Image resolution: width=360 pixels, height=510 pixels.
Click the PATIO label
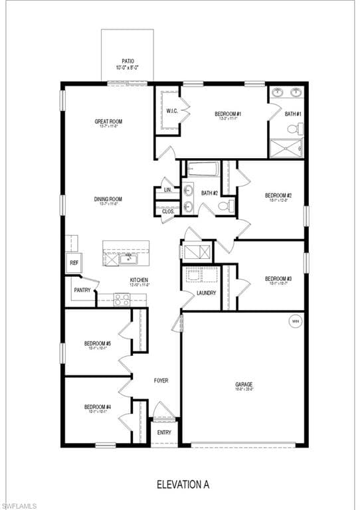128,60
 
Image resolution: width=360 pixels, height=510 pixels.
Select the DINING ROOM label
107,199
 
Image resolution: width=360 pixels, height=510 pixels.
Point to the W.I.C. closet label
171,110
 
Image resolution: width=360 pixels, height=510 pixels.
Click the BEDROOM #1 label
227,114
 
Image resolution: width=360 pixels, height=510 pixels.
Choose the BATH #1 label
293,114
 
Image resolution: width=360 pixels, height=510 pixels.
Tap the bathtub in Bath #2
204,169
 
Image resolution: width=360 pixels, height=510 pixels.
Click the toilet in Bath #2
226,207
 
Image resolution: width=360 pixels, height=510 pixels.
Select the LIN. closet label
167,191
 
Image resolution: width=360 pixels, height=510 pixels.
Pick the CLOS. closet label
167,211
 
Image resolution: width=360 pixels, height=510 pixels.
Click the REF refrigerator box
74,262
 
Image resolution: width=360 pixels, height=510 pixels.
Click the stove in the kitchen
122,299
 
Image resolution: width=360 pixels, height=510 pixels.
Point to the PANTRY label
82,290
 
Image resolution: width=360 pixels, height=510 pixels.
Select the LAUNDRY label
206,292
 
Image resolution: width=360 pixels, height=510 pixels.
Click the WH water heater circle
295,321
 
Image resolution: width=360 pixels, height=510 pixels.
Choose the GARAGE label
243,384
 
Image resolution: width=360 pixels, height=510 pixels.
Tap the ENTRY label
164,432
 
